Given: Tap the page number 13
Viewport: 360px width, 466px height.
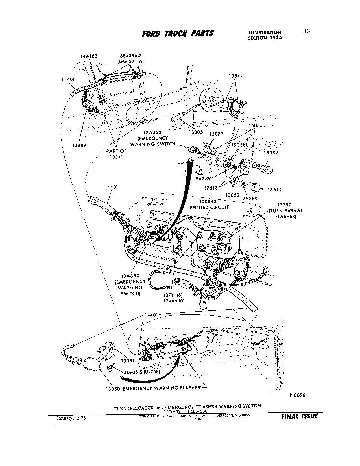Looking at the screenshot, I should click(x=307, y=31).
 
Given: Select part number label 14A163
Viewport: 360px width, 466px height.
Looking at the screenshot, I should click(x=89, y=56).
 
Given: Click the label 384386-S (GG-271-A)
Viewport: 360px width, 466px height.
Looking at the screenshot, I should click(x=130, y=58).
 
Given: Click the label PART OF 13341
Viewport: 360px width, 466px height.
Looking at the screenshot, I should click(x=116, y=154).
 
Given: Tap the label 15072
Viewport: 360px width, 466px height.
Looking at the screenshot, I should click(x=217, y=134).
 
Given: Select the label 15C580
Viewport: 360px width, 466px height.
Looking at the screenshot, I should click(x=240, y=145).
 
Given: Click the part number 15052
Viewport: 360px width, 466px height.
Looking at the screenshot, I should click(x=271, y=153).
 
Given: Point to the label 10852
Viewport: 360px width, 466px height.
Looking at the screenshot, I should click(x=233, y=195).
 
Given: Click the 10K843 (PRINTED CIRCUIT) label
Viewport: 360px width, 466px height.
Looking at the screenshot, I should click(x=209, y=204).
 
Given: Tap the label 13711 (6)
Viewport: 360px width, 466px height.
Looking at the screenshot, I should click(x=173, y=295).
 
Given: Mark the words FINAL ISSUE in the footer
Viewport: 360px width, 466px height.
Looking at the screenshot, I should click(x=299, y=416).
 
